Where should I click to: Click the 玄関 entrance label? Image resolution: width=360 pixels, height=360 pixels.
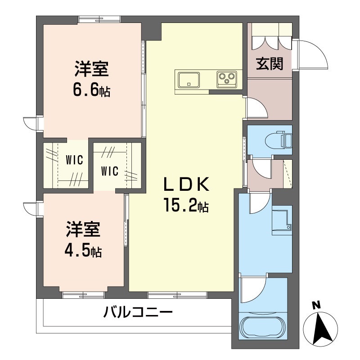click(x=270, y=64)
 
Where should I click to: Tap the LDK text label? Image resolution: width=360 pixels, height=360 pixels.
click(x=186, y=185)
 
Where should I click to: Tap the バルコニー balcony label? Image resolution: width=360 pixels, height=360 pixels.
click(x=138, y=311)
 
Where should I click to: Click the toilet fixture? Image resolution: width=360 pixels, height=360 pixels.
click(x=281, y=139)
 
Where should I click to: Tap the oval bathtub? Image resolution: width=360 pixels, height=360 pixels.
click(x=263, y=328)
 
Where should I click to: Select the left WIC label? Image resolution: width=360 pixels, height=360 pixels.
click(x=73, y=159)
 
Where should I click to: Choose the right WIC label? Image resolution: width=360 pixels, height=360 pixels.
click(x=109, y=171)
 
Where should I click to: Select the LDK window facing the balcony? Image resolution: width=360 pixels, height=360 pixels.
click(x=177, y=295)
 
